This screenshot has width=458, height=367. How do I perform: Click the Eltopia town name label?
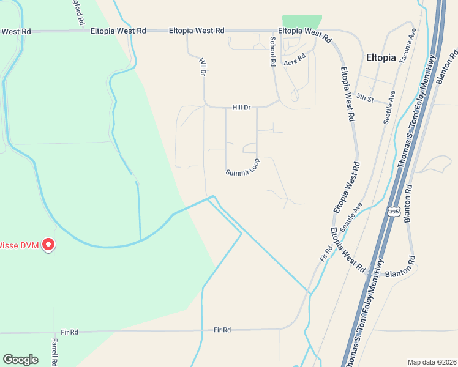[x=380, y=58]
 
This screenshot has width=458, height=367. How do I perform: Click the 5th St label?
[x=365, y=97]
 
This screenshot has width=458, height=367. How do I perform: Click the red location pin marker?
[x=47, y=245]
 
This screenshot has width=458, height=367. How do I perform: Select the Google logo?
[x=20, y=359]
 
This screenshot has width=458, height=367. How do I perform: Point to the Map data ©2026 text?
[x=432, y=361]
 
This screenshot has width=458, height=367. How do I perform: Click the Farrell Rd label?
[x=54, y=352]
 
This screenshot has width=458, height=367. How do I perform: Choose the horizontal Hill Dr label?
[x=242, y=108]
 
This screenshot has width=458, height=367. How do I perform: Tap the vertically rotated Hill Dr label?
[x=203, y=67]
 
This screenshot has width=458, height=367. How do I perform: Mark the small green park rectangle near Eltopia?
[x=301, y=22]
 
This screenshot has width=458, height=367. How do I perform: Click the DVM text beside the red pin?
[x=29, y=246]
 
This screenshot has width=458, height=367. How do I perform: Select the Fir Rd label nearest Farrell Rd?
[x=69, y=332]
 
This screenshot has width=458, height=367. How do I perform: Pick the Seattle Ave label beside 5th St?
[x=389, y=108]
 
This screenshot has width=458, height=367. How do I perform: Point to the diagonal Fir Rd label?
[x=326, y=254]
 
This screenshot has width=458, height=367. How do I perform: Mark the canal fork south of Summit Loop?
[x=212, y=198]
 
